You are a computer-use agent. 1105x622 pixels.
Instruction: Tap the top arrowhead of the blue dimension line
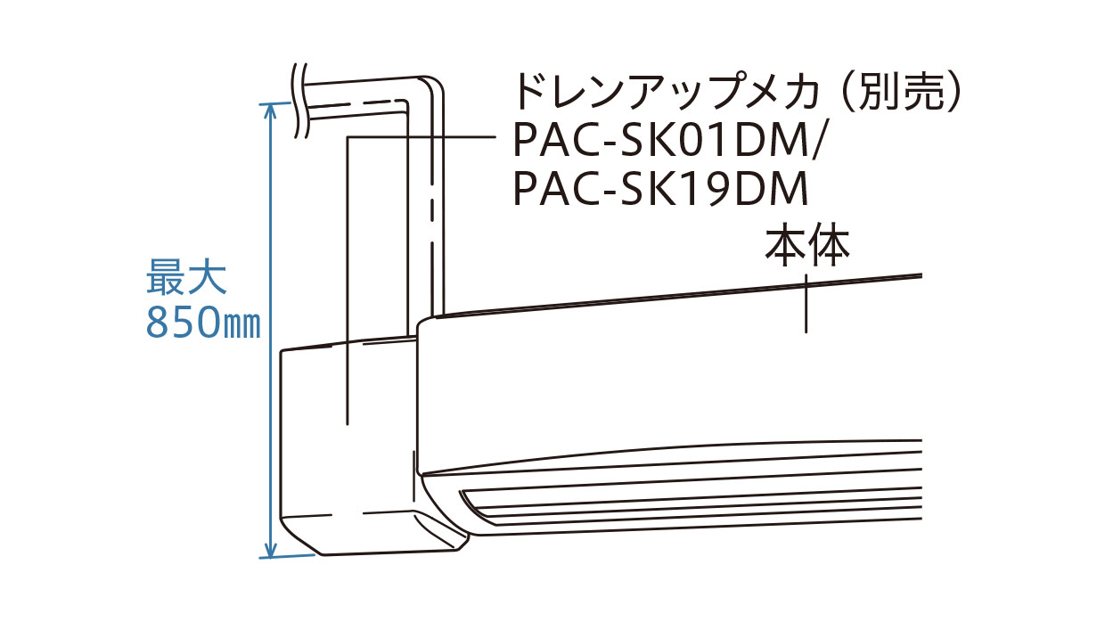click(x=270, y=109)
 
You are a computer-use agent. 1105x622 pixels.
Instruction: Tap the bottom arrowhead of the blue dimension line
click(x=270, y=551)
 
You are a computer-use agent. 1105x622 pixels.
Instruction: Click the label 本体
click(x=806, y=247)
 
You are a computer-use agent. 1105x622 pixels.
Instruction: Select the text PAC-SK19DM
click(x=660, y=189)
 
